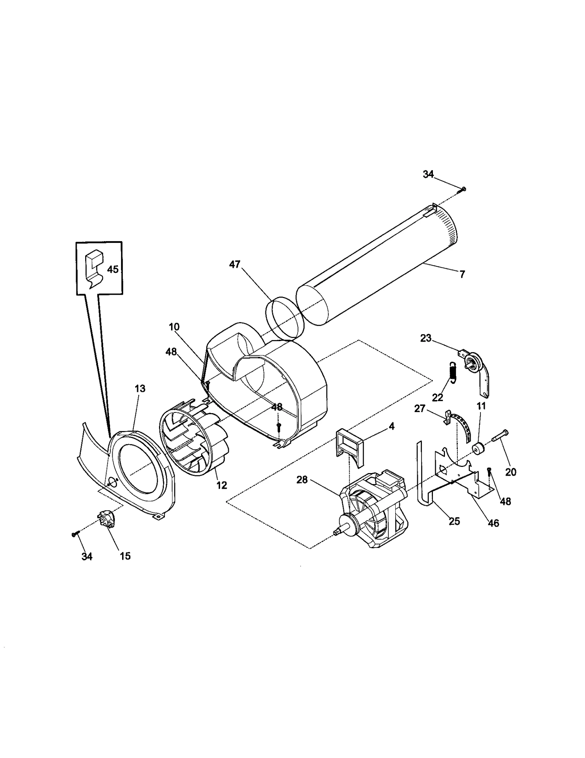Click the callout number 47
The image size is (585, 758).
(x=234, y=264)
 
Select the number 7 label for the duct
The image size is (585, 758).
(x=462, y=274)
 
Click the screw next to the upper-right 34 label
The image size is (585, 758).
(x=463, y=189)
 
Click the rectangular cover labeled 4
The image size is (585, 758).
(x=350, y=446)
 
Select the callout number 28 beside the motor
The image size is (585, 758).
(x=302, y=480)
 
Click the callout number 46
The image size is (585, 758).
(x=493, y=523)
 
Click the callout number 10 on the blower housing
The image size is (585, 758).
(x=174, y=327)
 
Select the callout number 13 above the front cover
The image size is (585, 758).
(x=140, y=389)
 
